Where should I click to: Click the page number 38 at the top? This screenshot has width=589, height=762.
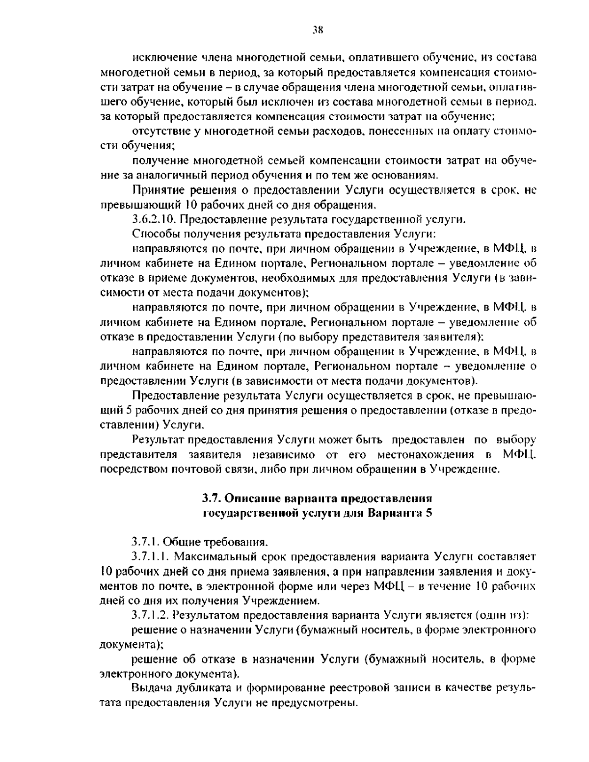pos(317,30)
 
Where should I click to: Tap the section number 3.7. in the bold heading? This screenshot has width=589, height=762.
pos(213,499)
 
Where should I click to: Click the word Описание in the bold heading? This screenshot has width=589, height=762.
pos(251,499)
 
